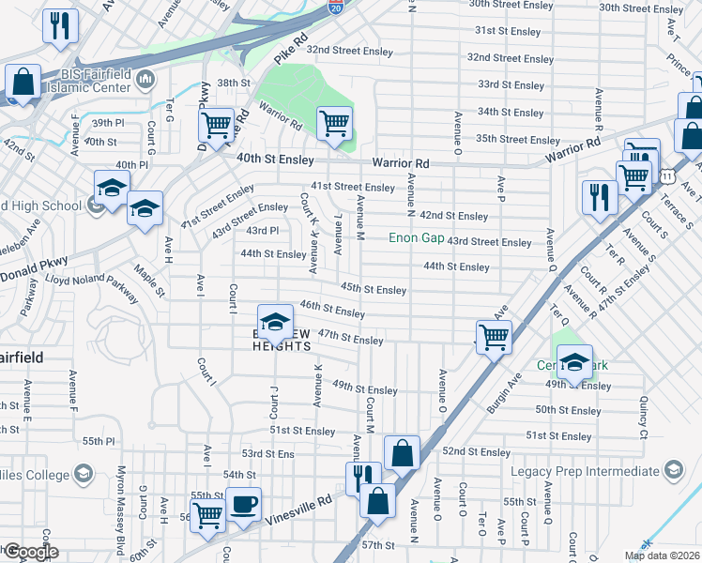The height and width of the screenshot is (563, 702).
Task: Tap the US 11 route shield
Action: [x=664, y=175]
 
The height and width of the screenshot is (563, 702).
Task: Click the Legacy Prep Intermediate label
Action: [x=586, y=470]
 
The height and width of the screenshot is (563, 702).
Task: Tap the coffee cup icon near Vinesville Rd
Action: [x=244, y=505]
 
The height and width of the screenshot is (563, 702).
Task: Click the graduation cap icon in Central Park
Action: [x=575, y=362]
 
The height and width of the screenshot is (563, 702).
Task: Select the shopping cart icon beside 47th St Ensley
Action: [x=494, y=336]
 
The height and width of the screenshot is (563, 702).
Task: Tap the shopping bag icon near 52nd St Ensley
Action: [x=402, y=453]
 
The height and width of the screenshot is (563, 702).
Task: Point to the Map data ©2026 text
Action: [x=661, y=555]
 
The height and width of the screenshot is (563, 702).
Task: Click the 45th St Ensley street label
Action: [x=374, y=290]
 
